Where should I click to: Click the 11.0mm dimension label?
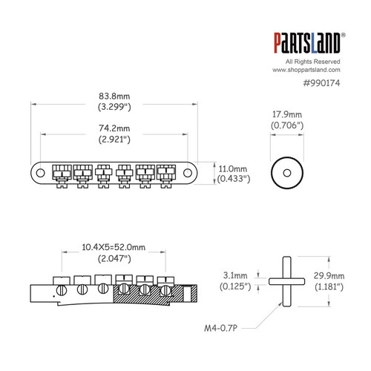click(x=229, y=168)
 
